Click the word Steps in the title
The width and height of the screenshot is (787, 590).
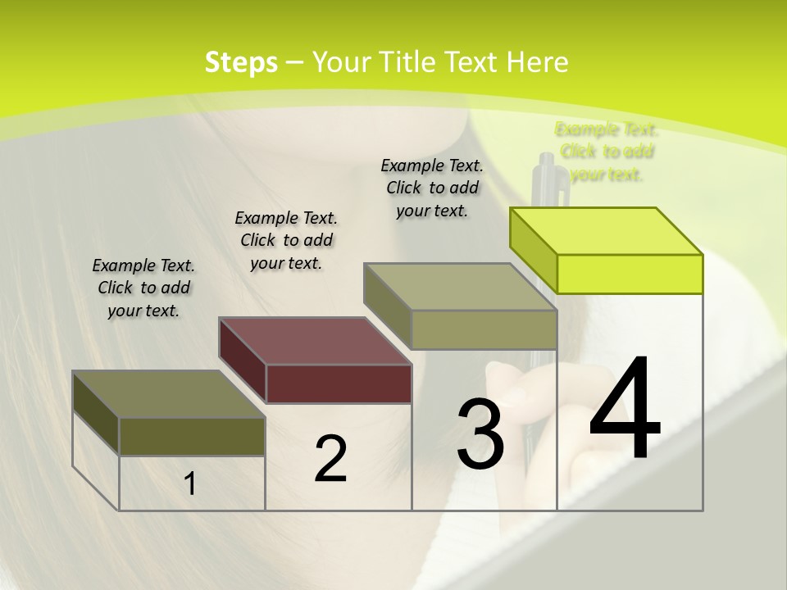tap(241, 62)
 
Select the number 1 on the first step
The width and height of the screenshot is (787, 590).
tap(190, 484)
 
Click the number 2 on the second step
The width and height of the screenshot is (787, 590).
tap(330, 460)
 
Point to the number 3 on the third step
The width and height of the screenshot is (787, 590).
tap(480, 434)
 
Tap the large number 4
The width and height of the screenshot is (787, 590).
tap(625, 410)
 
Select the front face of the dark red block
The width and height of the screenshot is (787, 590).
tap(339, 383)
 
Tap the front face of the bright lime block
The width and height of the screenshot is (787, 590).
tap(630, 274)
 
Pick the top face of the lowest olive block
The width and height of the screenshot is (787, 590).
tap(169, 394)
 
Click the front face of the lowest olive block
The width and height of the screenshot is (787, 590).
tap(192, 437)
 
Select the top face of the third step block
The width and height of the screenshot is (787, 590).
tap(460, 287)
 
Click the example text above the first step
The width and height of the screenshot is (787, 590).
tap(143, 288)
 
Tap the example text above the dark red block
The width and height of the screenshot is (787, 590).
tap(286, 240)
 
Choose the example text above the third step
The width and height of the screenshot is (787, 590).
tap(432, 188)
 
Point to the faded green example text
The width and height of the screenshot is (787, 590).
tap(607, 152)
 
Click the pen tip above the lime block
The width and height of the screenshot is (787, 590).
tap(547, 168)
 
